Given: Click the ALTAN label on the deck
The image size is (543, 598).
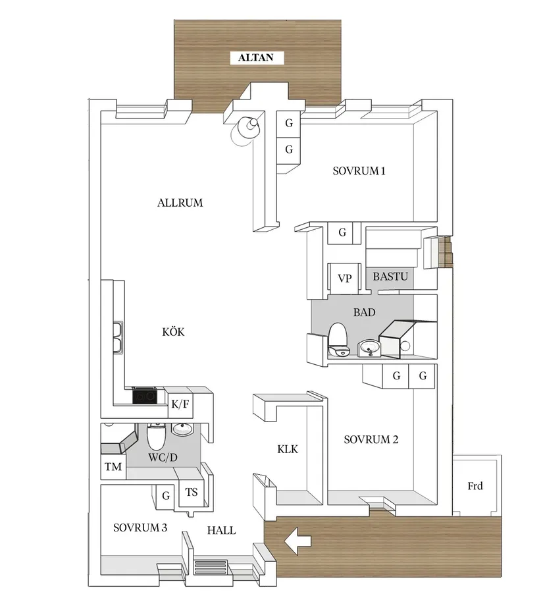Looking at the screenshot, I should [256, 58].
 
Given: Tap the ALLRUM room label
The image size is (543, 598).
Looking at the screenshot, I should [180, 203].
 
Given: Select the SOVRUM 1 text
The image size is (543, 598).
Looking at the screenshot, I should [359, 171].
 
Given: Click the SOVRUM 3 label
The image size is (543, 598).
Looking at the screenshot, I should [140, 528].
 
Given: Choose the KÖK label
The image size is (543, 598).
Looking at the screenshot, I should [173, 332].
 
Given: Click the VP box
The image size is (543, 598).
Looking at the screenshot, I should [344, 278].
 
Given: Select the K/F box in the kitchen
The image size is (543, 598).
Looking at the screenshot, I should [180, 404].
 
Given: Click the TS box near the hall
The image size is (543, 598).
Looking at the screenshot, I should [192, 492].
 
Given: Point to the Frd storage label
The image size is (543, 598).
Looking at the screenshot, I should [475, 486].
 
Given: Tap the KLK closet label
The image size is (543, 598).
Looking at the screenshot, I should [288, 449].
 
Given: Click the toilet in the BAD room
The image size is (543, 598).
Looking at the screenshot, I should [337, 334].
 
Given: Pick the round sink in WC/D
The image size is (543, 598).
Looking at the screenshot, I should [182, 430].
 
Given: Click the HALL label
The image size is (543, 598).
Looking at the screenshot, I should [221, 530].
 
